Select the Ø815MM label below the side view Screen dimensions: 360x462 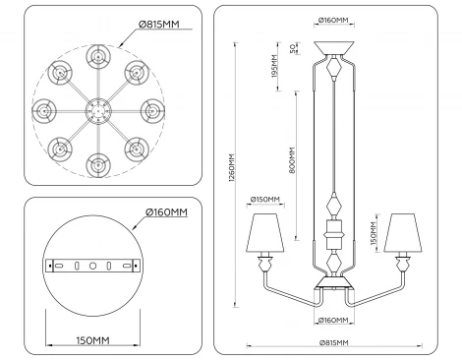point(335,341)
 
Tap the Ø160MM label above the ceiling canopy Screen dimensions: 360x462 point(336,20)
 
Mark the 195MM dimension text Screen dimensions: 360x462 point(274,70)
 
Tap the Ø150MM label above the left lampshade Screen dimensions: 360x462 point(264,198)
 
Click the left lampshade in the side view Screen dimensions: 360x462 point(265,231)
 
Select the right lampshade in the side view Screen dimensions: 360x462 point(404,231)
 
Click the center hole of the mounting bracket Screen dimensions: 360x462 point(90,266)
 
